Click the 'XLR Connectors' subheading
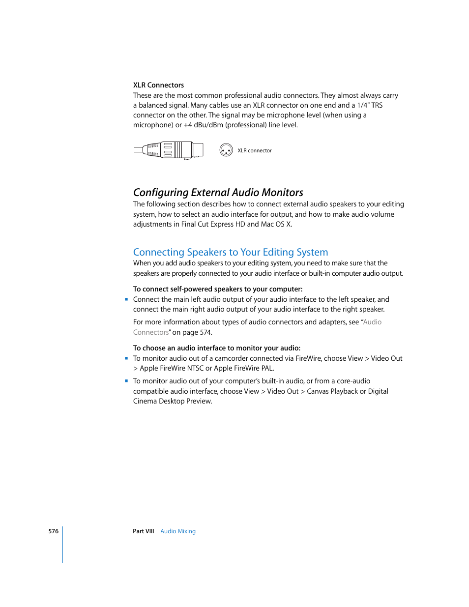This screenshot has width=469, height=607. [158, 85]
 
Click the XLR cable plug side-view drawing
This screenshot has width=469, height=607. [169, 150]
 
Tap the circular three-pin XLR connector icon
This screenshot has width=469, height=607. [226, 150]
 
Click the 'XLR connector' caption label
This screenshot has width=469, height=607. [254, 150]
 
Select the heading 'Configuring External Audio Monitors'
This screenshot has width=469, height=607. [218, 192]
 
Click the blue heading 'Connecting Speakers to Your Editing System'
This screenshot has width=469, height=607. [230, 252]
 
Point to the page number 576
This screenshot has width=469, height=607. [53, 531]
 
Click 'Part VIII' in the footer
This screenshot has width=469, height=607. [143, 531]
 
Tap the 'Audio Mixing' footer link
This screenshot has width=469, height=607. [178, 531]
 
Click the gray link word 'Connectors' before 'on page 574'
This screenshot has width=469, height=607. [150, 332]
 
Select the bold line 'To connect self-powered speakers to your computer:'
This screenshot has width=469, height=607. [217, 289]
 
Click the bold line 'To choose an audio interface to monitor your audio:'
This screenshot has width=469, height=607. [216, 348]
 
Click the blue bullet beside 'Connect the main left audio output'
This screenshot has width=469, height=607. [126, 299]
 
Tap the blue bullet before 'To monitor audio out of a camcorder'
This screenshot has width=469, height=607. [126, 358]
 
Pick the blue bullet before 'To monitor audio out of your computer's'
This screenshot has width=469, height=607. [126, 380]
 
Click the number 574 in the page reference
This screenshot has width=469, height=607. [205, 332]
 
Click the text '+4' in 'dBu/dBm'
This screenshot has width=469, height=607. [188, 125]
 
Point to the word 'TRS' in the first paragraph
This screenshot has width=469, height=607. [377, 105]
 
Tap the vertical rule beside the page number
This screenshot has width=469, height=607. [63, 545]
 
